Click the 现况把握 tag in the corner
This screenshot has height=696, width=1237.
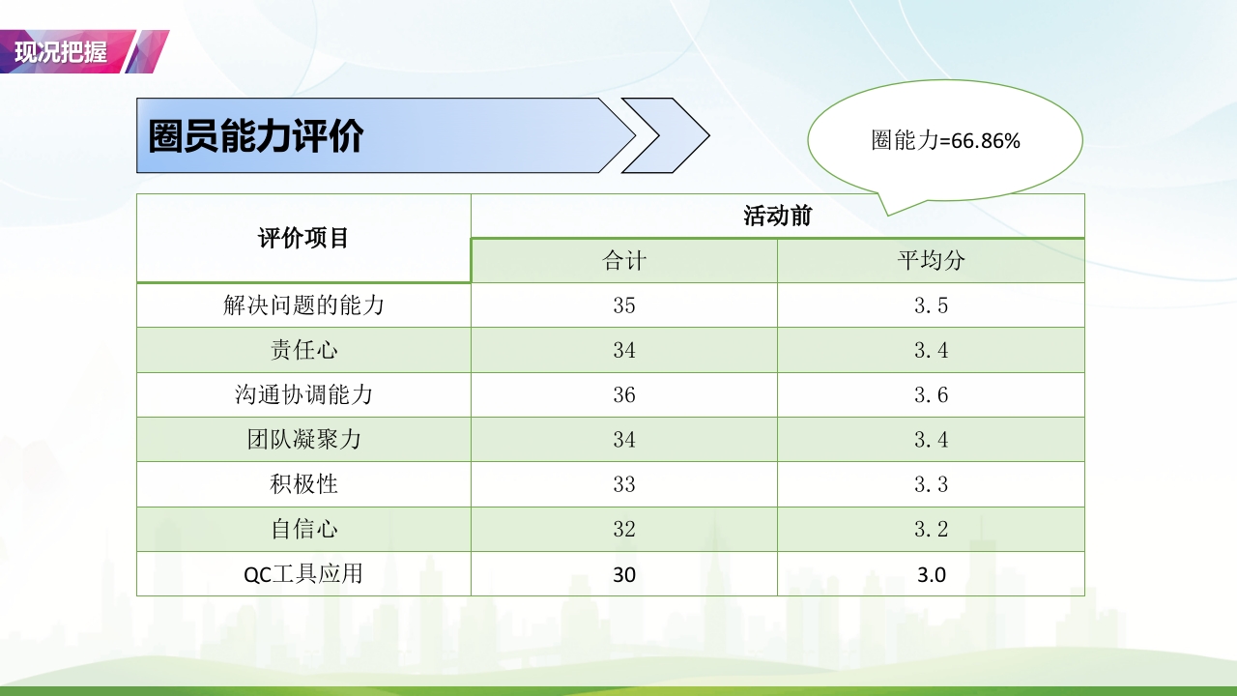(62, 52)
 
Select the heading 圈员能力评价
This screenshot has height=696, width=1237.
(255, 136)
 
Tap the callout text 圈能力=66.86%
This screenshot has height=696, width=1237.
(945, 141)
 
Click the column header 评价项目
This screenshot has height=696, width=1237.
(303, 238)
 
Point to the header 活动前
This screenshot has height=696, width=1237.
(777, 216)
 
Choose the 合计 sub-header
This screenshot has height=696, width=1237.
(624, 261)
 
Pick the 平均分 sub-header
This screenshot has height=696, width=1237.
(931, 261)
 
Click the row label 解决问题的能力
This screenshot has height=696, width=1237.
(303, 305)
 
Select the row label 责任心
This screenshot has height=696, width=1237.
(303, 350)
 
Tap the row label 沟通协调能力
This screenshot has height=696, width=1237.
(303, 394)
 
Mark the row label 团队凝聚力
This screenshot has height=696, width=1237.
(303, 440)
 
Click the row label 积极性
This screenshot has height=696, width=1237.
(303, 484)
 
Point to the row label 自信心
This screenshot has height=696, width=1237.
(303, 529)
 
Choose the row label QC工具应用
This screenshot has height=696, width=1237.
(303, 574)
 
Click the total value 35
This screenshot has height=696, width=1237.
(624, 305)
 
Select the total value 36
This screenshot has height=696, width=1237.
(624, 394)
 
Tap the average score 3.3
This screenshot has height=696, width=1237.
(931, 484)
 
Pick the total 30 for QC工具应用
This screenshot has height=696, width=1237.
(624, 574)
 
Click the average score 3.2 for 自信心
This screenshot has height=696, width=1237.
(931, 529)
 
